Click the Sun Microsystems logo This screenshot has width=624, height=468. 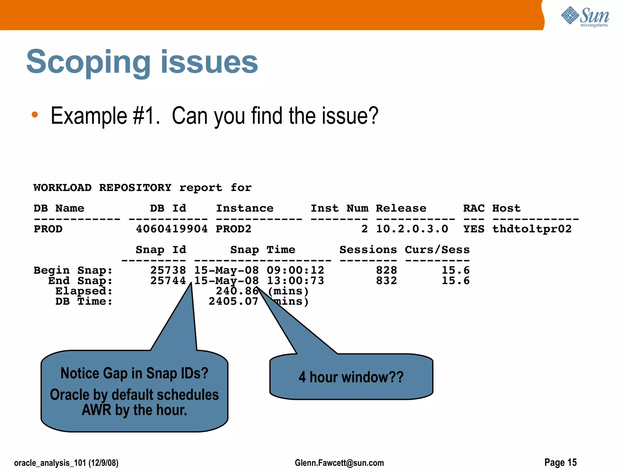pos(585,16)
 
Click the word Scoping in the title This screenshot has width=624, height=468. pos(88,62)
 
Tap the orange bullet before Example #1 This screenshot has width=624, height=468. pos(35,115)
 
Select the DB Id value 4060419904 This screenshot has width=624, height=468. pos(172,229)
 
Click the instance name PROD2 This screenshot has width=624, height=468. pos(233,229)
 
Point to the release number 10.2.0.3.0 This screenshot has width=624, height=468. pos(412,229)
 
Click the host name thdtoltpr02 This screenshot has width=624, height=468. pos(532,229)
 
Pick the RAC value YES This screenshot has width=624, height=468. pos(474,229)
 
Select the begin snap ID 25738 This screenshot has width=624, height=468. pos(168,270)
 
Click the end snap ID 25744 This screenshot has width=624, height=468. pos(168,281)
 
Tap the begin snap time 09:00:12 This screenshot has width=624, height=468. pos(295,270)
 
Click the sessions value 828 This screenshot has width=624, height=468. pos(386,270)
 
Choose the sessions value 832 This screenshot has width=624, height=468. pos(386,281)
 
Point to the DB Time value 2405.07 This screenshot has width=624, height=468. pos(233,302)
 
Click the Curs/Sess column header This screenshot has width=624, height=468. pos(437,250)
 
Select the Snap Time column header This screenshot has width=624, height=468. pos(263,250)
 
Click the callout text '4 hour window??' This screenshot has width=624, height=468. pos(351,377)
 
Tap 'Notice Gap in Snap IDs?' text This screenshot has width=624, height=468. pos(134,373)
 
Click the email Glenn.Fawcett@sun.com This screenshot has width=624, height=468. pos(339,463)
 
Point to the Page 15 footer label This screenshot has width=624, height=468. pos(560,462)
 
